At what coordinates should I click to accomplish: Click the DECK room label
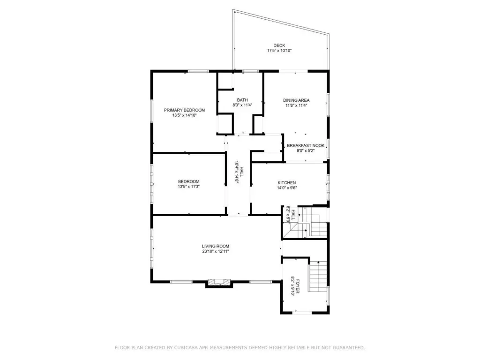point(279,45)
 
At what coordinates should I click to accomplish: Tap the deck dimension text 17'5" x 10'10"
point(279,51)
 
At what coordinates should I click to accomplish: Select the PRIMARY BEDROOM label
point(184,110)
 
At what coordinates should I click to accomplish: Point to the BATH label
point(242,100)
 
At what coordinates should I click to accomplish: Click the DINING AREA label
point(296,100)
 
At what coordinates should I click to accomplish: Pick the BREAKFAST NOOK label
point(306,145)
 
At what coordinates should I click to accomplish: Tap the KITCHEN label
point(287,183)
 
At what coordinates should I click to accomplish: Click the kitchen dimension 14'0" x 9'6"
point(287,188)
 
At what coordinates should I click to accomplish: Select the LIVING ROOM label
point(216,246)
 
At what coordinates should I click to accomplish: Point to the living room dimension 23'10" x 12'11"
point(216,251)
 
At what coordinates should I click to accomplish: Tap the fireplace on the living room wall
point(219,282)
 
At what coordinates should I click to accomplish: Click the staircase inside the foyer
point(318,277)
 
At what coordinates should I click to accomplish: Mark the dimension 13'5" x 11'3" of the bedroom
point(188,187)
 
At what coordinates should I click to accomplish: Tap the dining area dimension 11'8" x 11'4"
point(296,105)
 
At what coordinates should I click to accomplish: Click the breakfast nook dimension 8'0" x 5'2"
point(306,150)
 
